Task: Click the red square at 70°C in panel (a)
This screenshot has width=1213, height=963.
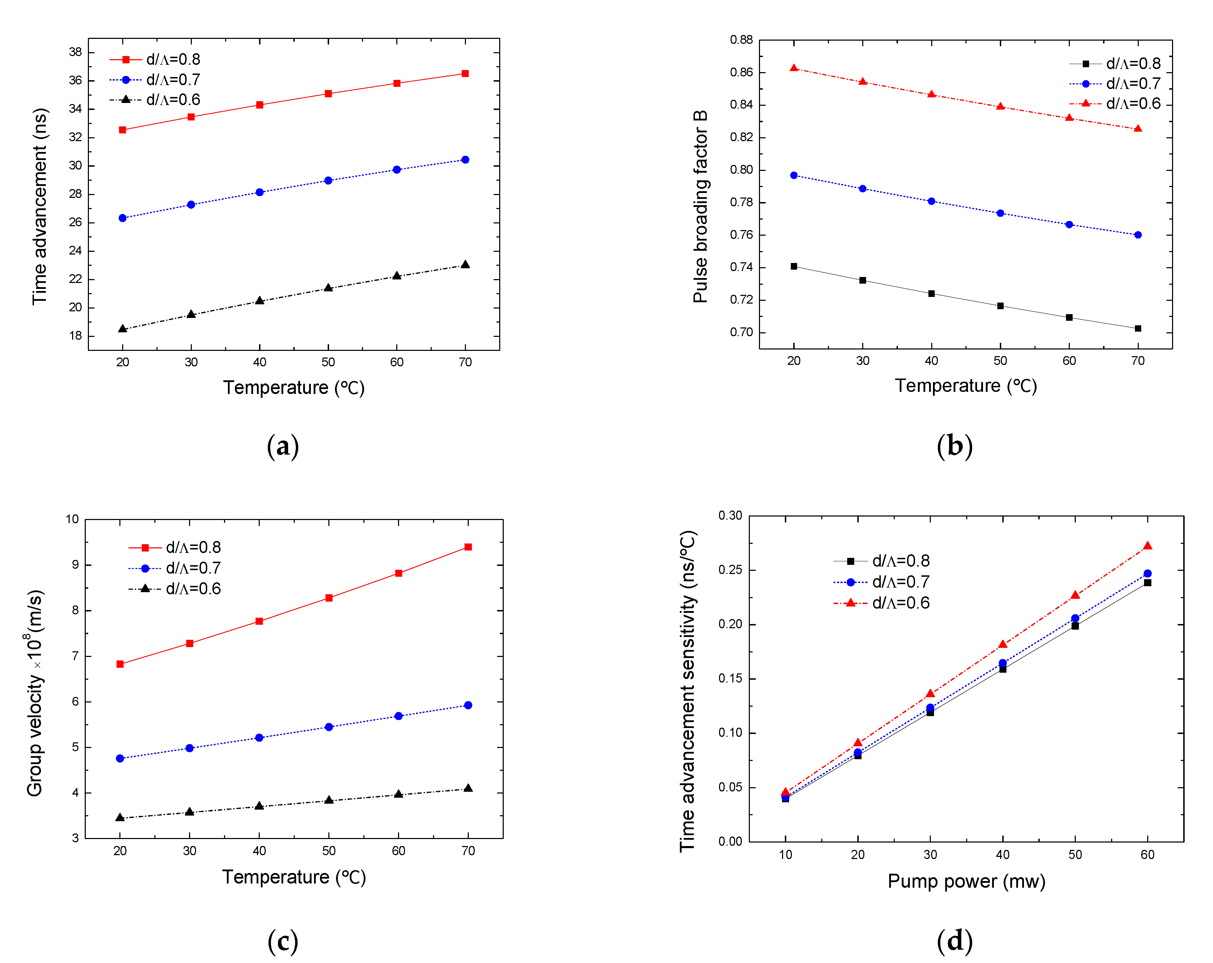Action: coord(465,74)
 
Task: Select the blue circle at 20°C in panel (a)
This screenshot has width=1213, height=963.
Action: coord(123,218)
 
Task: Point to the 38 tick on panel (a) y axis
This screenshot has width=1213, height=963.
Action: coord(75,52)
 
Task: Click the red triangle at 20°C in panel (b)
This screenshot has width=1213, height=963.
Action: coord(793,68)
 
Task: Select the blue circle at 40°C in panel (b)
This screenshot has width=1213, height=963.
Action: coord(931,201)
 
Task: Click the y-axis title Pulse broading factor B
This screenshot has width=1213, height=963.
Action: coord(700,207)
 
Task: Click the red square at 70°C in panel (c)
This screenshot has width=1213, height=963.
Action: coord(468,547)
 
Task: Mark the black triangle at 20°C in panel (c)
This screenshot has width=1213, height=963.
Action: coord(120,817)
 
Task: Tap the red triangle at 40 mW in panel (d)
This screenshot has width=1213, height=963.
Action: coord(1002,644)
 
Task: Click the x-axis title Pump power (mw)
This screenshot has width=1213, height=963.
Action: coord(966,881)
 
